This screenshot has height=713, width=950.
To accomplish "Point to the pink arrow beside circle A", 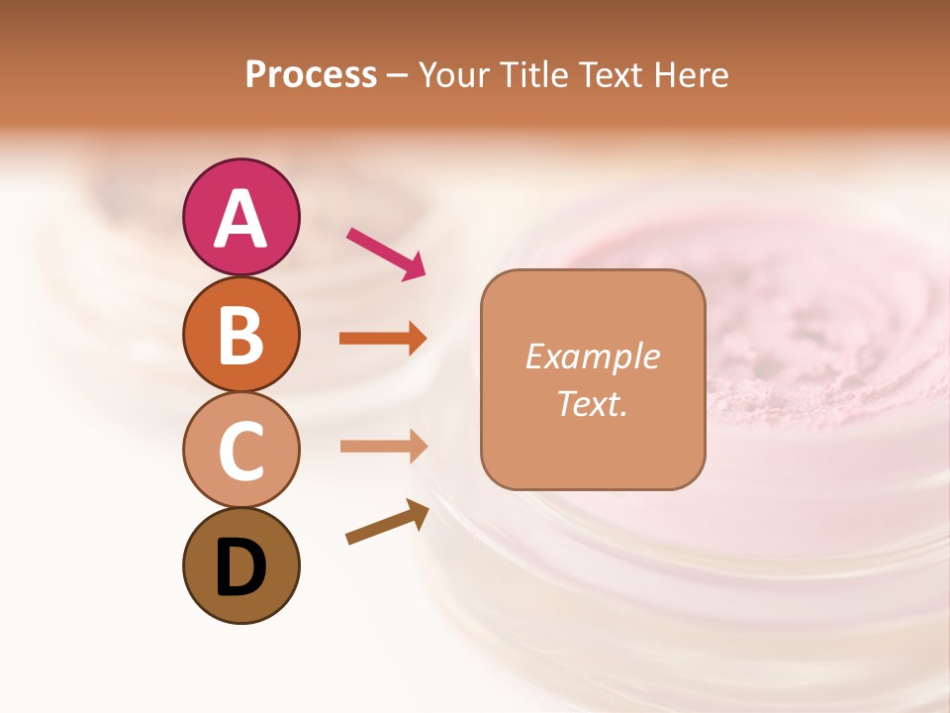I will (x=386, y=253).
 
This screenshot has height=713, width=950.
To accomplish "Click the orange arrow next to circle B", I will (x=383, y=339).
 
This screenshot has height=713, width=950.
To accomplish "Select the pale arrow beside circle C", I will (x=383, y=447).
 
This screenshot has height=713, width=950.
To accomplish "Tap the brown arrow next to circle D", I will (x=387, y=522).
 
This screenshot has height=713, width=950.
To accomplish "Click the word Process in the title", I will (x=311, y=74).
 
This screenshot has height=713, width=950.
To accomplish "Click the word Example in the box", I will (x=592, y=356).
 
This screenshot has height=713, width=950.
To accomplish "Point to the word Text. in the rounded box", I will (x=592, y=404).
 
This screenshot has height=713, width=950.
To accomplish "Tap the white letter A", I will (x=240, y=219).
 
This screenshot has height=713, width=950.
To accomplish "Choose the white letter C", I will (x=240, y=452).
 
